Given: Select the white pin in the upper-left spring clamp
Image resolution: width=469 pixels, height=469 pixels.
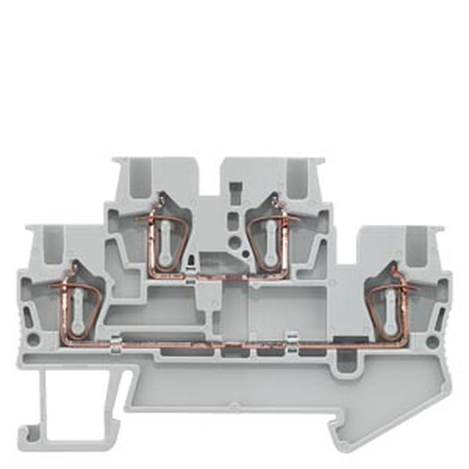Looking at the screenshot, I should [164, 244].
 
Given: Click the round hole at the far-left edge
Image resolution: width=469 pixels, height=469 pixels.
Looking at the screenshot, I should [33, 339].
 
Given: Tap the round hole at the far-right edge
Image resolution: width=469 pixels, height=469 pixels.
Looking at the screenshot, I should [432, 341].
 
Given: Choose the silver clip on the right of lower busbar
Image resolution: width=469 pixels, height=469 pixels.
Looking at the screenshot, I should [292, 342].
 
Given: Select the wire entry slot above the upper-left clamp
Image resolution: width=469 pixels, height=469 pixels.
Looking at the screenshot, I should [139, 179].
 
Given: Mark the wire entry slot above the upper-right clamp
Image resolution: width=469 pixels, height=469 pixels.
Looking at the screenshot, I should [296, 179].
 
